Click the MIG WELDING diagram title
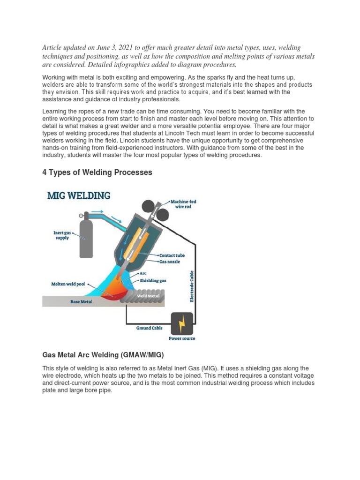tap(79, 195)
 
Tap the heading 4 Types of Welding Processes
tap(97, 172)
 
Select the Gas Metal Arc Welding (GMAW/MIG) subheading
tap(103, 354)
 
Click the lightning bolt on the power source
tap(182, 323)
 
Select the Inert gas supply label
tap(61, 235)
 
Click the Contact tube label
tap(172, 255)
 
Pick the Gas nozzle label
tap(170, 261)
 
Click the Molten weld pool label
tap(68, 284)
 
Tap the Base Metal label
tap(81, 302)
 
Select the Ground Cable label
tap(150, 328)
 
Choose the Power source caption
tap(182, 338)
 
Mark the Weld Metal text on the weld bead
tap(148, 296)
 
